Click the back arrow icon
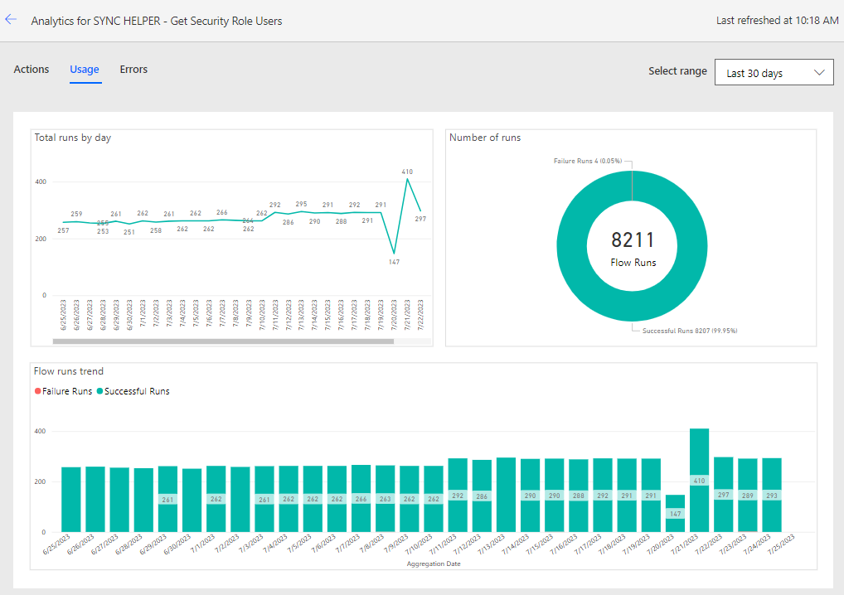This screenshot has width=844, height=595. (11, 20)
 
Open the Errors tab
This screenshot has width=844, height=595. (133, 70)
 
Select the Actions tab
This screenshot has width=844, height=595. (32, 70)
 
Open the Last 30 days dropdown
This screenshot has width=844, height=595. (774, 73)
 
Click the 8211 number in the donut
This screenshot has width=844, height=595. (633, 240)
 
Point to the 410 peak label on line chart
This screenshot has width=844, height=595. (407, 172)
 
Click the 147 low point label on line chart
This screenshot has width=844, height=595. (394, 262)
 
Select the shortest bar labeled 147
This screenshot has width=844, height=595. (675, 513)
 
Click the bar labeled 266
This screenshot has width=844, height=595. (361, 498)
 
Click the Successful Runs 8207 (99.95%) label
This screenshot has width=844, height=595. (689, 331)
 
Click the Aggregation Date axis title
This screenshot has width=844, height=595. (434, 564)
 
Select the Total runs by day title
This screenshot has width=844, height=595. (73, 138)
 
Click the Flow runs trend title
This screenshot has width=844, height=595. (69, 371)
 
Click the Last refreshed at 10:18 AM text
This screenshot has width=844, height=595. (777, 21)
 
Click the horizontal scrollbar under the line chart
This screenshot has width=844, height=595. (222, 341)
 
